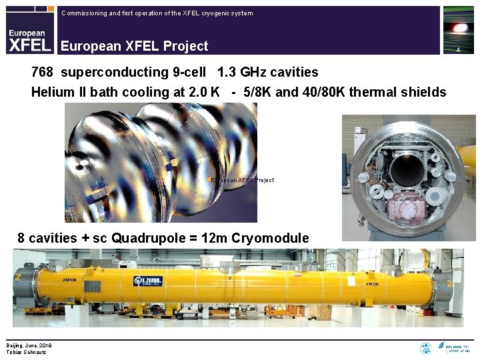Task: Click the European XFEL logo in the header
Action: (30, 39)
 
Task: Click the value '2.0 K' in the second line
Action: (205, 92)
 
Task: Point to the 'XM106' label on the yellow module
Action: (69, 280)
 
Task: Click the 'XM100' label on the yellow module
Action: (373, 284)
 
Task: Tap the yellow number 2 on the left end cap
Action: (18, 277)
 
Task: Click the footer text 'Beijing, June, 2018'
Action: (29, 345)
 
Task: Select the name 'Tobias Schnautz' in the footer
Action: (26, 352)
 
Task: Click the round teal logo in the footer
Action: (425, 348)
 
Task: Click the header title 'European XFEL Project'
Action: (134, 46)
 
